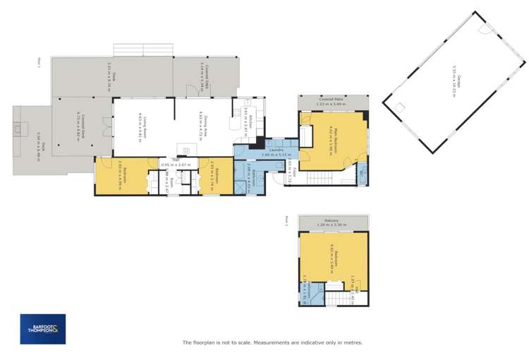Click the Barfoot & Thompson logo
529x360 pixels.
tap(43, 329)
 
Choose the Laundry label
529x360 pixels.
tap(276, 150)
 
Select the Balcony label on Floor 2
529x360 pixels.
tap(333, 221)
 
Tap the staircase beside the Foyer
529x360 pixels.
tap(317, 181)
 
